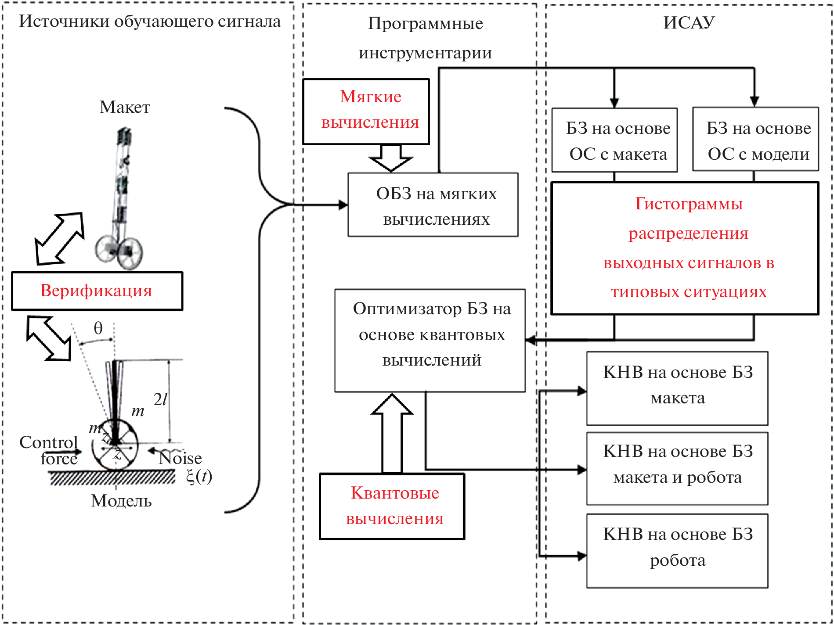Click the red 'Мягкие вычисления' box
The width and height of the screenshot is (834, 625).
tap(366, 111)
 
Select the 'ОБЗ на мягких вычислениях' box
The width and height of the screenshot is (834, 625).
tap(433, 205)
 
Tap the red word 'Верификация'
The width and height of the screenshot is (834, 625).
tap(96, 291)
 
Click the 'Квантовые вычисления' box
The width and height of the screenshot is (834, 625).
tap(392, 506)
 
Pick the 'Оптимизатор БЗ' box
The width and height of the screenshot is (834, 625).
tap(430, 340)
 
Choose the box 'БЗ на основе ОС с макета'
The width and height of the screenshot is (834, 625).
tap(614, 140)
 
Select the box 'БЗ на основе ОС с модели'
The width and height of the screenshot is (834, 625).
tap(755, 139)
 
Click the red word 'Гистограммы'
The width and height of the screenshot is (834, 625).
tap(689, 204)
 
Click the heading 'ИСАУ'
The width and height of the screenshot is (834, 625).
tap(689, 22)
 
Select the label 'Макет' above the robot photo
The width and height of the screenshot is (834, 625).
tap(125, 107)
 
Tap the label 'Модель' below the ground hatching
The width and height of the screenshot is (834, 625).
tap(121, 501)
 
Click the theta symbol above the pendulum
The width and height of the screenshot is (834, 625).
tap(98, 328)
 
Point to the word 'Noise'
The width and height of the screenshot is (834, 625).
tap(181, 458)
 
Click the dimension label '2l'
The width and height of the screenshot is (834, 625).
tap(160, 399)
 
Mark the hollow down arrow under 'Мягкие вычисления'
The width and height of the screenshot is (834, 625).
tap(391, 158)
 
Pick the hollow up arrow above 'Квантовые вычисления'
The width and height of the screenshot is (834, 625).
tap(392, 432)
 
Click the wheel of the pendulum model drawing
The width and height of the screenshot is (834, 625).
tap(115, 446)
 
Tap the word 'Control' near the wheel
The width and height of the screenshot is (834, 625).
tap(48, 442)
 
